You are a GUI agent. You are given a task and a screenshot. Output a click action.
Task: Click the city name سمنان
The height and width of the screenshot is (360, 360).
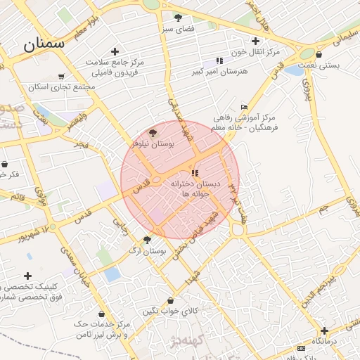(x=44, y=44)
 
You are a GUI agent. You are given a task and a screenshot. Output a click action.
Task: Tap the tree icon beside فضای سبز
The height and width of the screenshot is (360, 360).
(x=178, y=18)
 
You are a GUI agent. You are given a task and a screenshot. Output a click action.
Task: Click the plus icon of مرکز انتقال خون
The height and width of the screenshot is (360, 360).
(x=255, y=41)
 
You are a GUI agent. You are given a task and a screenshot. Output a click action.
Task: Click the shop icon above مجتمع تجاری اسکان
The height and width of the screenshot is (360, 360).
(x=60, y=77)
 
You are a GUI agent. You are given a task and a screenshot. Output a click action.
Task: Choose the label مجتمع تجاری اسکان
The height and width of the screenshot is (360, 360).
(x=62, y=88)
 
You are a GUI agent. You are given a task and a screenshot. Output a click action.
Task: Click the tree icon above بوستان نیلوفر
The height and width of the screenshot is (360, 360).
(x=153, y=132)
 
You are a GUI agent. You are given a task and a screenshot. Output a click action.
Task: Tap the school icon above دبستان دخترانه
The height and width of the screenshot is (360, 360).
(x=195, y=172)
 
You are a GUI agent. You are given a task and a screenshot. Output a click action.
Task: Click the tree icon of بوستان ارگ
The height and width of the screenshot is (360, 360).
(x=147, y=240)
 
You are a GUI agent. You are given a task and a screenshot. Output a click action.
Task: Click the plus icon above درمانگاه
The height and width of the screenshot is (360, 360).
(x=324, y=330)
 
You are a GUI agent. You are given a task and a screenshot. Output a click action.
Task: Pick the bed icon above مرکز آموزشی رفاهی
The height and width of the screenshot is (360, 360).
(x=244, y=106)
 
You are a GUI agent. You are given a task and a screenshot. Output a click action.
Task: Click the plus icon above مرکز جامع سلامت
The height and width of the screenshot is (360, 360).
(x=115, y=51)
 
